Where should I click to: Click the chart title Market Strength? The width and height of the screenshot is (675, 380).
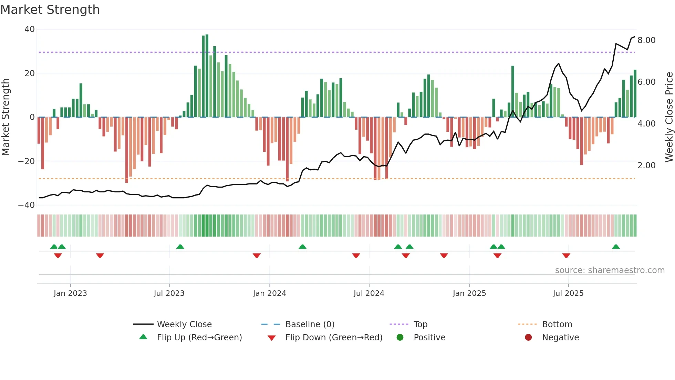50,10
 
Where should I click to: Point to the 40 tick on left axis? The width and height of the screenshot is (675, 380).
30,29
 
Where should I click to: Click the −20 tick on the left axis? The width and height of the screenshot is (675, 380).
27,161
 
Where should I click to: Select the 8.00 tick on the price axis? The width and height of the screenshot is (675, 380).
646,40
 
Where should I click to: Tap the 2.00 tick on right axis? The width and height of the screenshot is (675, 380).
646,166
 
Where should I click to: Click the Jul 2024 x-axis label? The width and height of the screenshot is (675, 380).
368,293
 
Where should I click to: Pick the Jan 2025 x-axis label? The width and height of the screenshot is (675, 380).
469,293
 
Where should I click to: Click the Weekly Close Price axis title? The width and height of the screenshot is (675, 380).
669,117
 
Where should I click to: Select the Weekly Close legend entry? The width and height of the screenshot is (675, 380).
184,324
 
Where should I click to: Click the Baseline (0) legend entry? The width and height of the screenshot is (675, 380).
310,324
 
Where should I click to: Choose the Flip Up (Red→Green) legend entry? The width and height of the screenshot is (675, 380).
199,338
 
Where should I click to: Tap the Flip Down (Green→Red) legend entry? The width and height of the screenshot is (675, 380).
333,338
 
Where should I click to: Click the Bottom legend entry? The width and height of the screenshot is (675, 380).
557,324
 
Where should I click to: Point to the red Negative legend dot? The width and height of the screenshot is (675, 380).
528,338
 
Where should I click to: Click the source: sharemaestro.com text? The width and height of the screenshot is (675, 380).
610,270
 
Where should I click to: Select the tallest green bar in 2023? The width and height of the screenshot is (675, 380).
207,76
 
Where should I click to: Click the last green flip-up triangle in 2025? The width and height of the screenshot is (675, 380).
616,247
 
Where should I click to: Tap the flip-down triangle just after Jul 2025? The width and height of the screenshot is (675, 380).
566,256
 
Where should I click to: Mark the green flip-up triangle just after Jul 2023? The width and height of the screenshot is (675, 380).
180,247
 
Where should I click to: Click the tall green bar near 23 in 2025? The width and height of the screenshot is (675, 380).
513,91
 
